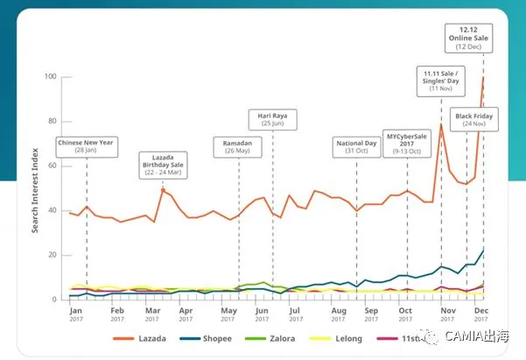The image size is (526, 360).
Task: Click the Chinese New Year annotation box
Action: (x=87, y=147)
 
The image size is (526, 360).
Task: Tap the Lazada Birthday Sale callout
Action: (x=163, y=166)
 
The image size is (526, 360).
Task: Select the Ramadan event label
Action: (x=237, y=147)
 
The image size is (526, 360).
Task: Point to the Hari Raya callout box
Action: (x=273, y=119)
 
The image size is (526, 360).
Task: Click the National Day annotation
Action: (x=356, y=147)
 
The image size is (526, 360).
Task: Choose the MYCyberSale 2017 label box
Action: (x=407, y=144)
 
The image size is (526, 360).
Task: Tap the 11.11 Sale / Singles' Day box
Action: (x=441, y=81)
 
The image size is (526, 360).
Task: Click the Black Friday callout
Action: (x=474, y=119)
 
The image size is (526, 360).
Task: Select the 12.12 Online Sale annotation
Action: (x=468, y=39)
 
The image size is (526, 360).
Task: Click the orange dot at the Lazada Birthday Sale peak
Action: (x=163, y=190)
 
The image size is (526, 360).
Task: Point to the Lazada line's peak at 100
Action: (x=483, y=77)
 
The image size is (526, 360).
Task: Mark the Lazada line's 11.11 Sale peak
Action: (x=441, y=124)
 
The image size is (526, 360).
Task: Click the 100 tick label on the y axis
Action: (x=50, y=76)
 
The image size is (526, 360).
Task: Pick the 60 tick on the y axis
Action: (x=53, y=166)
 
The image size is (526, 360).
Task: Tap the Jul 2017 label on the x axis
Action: (x=295, y=314)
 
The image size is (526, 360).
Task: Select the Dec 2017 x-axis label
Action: (x=481, y=314)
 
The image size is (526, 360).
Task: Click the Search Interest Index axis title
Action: (x=35, y=190)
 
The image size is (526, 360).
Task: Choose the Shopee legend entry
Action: (x=206, y=338)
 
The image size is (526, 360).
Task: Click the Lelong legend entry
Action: (x=336, y=338)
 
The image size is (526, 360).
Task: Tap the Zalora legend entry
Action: (x=270, y=338)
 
